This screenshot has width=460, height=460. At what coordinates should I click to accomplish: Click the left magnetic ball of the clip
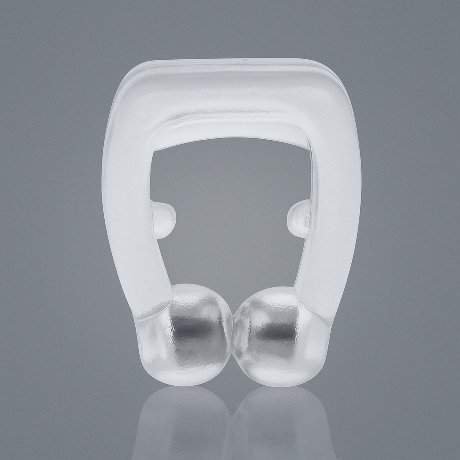click(189, 335)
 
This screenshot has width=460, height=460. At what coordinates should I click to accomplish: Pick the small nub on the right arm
click(299, 218)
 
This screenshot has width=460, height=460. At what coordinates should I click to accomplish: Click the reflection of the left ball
click(182, 422)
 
